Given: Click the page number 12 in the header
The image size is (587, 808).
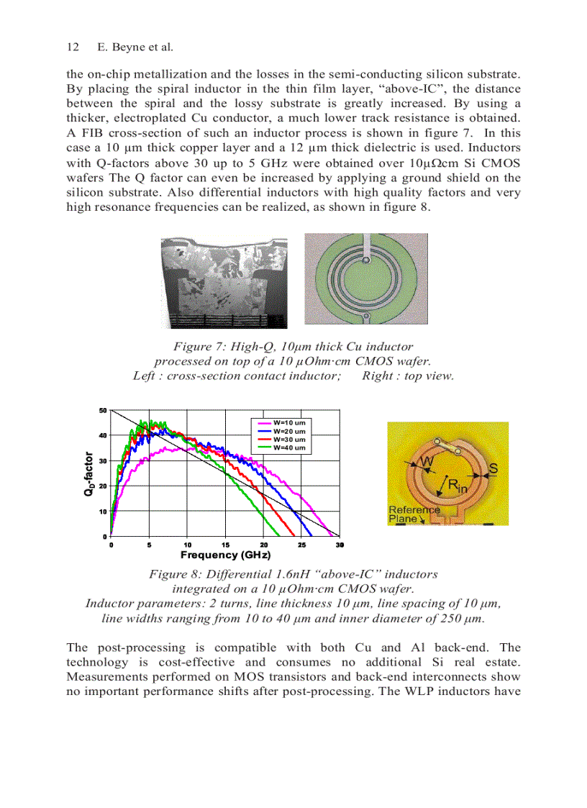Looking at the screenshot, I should [72, 47].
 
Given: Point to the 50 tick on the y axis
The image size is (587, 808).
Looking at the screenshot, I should [103, 410].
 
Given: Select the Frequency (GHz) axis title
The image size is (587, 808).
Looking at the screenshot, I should [225, 555].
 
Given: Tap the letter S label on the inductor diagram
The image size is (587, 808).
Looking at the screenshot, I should [493, 469].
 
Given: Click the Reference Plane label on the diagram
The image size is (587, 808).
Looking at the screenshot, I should [414, 514].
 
